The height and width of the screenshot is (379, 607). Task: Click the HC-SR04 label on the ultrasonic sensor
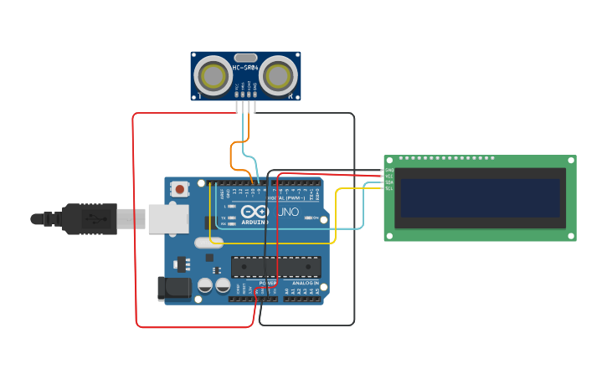(x=245, y=67)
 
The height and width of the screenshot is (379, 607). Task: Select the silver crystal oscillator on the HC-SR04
(x=245, y=57)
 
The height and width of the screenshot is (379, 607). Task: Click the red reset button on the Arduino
(x=180, y=189)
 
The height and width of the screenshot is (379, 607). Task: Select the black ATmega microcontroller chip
(x=275, y=266)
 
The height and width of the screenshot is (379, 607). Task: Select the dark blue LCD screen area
(x=479, y=197)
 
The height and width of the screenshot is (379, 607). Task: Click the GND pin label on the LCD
(x=388, y=170)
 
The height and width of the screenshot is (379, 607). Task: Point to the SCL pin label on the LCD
(x=388, y=188)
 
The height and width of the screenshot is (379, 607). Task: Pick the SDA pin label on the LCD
(x=388, y=182)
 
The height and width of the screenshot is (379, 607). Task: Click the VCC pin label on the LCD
(x=388, y=176)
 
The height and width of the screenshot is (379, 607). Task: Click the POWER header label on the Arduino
(x=267, y=284)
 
